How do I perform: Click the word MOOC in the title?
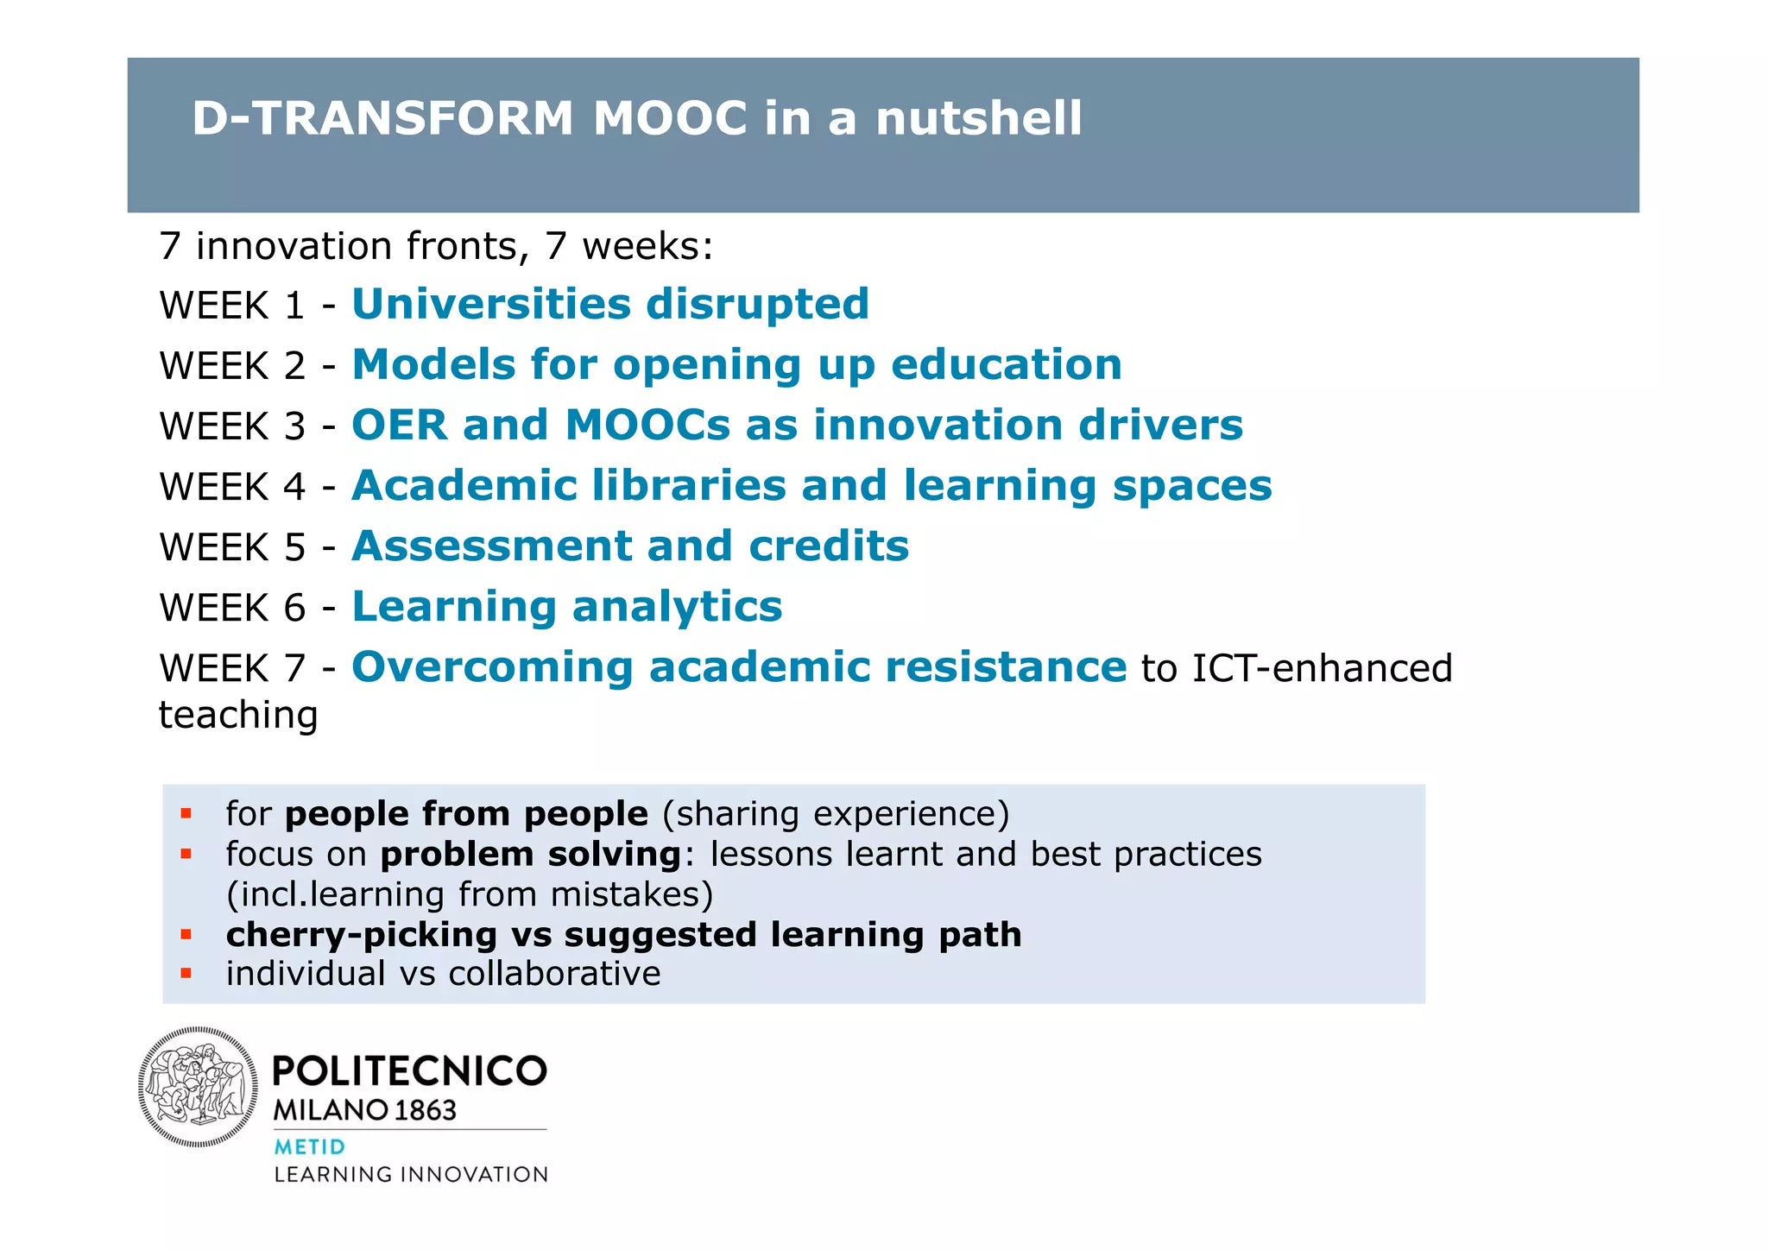tap(669, 118)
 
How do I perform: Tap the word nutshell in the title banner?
tap(978, 118)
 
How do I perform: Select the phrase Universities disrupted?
tap(609, 304)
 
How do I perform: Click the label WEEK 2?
tap(232, 366)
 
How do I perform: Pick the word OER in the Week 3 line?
tap(400, 425)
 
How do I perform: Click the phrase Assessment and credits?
tap(629, 546)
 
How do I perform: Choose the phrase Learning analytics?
tap(566, 606)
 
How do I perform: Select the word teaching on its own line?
tap(238, 715)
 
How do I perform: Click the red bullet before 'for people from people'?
tap(186, 813)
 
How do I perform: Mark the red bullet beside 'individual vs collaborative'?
tap(186, 973)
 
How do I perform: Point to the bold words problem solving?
tap(531, 854)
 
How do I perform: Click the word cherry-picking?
tap(361, 934)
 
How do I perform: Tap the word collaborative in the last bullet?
tap(554, 973)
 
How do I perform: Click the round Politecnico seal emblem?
tap(198, 1087)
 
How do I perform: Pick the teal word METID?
tap(309, 1146)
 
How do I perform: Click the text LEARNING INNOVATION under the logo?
tap(411, 1174)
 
